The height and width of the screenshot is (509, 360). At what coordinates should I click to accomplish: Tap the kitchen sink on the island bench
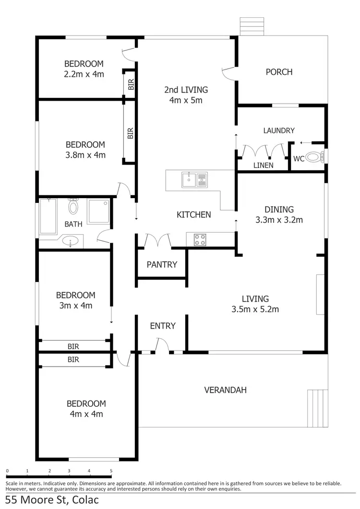click(194, 180)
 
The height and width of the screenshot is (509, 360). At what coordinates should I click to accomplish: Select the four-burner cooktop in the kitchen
click(200, 239)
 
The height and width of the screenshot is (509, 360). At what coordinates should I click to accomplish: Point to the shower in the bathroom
click(98, 212)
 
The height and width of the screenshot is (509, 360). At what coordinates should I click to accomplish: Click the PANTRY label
click(162, 264)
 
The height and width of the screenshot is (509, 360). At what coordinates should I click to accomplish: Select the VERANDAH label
click(225, 390)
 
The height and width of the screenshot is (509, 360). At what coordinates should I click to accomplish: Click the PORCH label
click(279, 72)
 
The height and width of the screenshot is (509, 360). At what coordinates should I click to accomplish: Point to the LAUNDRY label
click(279, 130)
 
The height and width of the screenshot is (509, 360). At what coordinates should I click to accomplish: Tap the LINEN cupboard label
click(263, 165)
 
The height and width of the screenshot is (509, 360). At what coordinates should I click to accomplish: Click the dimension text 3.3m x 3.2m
click(279, 220)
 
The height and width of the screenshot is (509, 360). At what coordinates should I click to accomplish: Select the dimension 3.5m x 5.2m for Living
click(255, 309)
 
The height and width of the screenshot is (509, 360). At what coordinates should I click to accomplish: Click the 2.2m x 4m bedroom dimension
click(84, 74)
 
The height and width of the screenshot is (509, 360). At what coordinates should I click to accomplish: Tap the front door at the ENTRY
click(162, 345)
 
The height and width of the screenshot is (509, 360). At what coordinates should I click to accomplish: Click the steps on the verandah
click(316, 408)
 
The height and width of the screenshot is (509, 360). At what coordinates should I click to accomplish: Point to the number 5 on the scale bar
click(111, 471)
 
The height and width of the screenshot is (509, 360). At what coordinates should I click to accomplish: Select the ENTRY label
click(163, 326)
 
